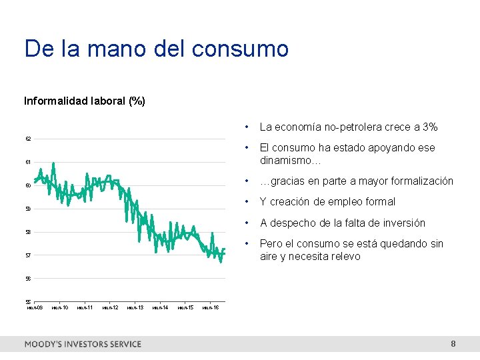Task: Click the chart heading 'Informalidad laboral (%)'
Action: point(85,101)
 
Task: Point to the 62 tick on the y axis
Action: point(28,139)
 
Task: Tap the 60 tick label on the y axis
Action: point(28,185)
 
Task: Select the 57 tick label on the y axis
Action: point(28,255)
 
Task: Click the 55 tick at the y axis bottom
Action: point(28,301)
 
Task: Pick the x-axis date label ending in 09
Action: point(35,307)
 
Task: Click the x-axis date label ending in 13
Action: point(135,307)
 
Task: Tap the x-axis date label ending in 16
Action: point(211,307)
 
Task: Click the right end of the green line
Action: point(225,249)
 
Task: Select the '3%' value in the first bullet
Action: point(430,127)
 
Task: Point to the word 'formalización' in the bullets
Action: point(421,181)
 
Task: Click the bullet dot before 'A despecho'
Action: point(247,223)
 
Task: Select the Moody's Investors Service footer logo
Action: point(83,344)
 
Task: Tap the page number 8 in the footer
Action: point(453,344)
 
